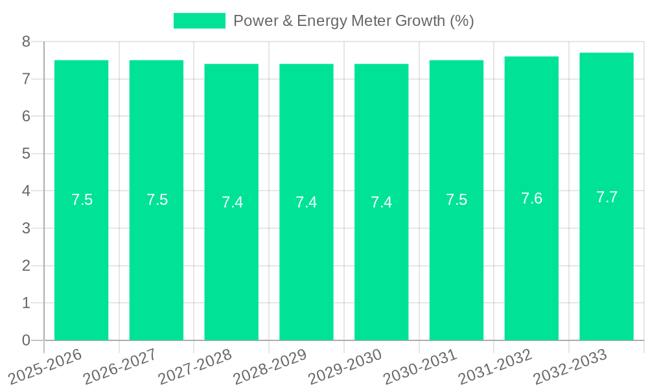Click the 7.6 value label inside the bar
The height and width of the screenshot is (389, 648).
[x=531, y=199]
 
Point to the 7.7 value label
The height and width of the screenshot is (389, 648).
[x=607, y=198]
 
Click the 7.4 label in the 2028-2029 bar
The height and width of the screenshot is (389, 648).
[x=307, y=202]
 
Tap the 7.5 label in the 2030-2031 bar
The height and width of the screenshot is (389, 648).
[x=456, y=200]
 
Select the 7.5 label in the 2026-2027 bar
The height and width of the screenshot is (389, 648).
[x=157, y=200]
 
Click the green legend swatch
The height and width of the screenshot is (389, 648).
[x=199, y=21]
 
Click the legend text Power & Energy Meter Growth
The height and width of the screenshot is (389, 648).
[x=353, y=21]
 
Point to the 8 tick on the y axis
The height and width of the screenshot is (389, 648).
[x=27, y=41]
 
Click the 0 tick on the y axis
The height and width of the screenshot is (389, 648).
[x=27, y=340]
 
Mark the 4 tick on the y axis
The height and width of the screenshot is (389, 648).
[x=27, y=191]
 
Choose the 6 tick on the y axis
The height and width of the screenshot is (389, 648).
[x=27, y=117]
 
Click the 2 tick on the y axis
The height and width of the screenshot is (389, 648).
[x=27, y=266]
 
